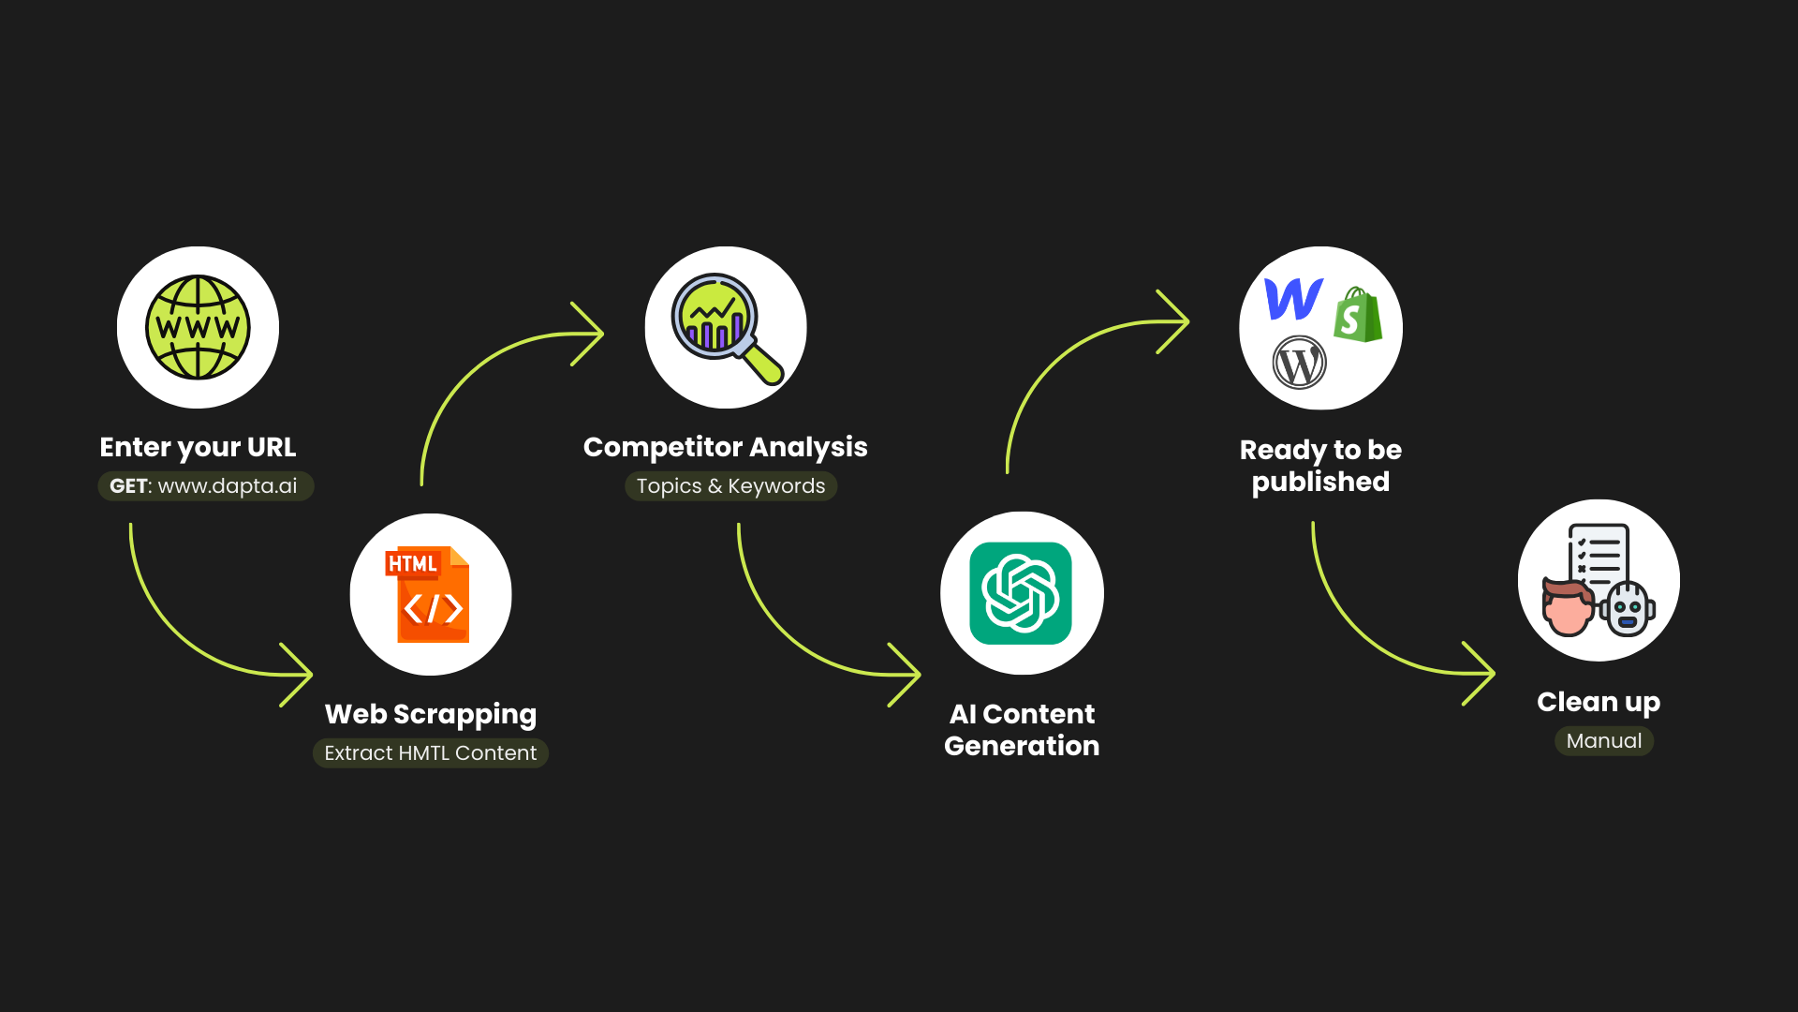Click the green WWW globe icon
[x=198, y=327]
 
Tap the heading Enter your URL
[x=198, y=447]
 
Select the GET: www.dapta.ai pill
[x=205, y=486]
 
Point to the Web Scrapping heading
[x=431, y=714]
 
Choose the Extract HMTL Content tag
[x=431, y=753]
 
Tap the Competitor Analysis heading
[x=725, y=447]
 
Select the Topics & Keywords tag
[x=730, y=486]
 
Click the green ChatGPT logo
[x=1021, y=593]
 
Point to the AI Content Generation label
[x=1022, y=730]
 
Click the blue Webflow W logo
[x=1293, y=299]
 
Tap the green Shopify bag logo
[x=1358, y=315]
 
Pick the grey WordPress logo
[x=1300, y=363]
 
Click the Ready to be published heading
[x=1320, y=466]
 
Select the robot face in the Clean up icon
[x=1628, y=609]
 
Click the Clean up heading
[x=1599, y=702]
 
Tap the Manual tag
[x=1604, y=741]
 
